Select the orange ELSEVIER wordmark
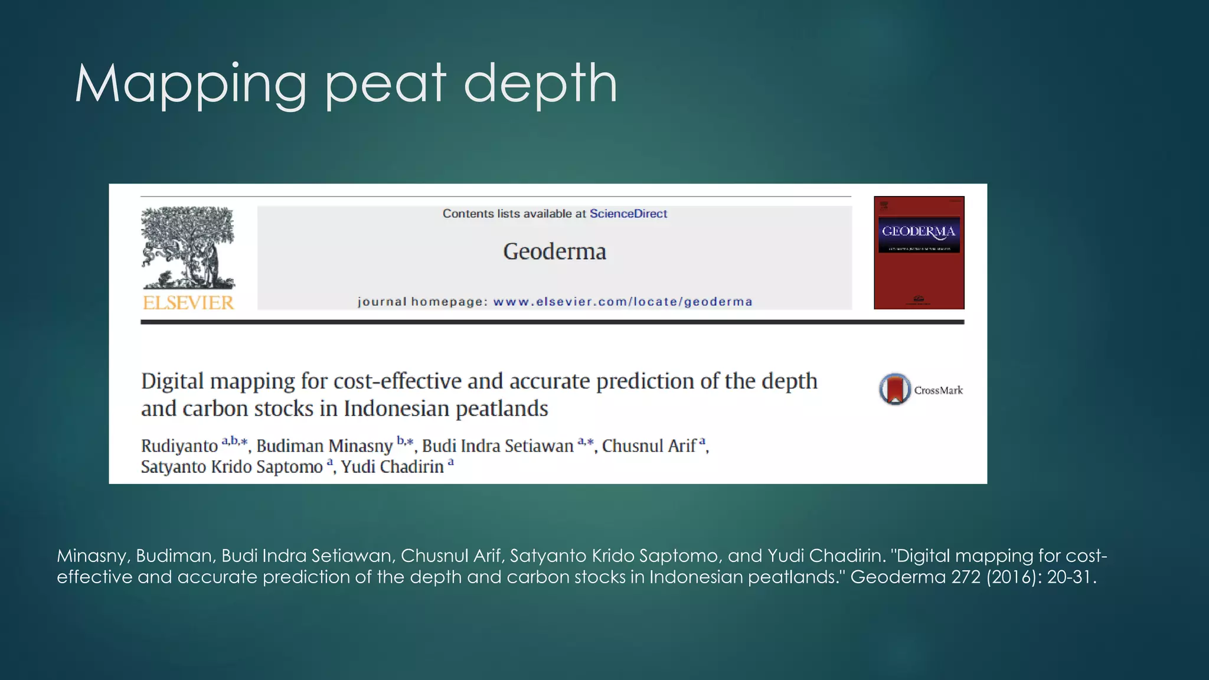188,303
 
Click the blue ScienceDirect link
628,214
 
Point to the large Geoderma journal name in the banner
554,252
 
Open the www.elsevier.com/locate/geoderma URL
623,302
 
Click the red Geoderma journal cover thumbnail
919,253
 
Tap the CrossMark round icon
894,390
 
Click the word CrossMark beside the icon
938,390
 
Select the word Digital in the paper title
172,382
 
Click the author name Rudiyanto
179,446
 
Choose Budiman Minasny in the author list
324,446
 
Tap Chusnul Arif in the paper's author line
649,446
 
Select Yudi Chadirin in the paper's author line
392,467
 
